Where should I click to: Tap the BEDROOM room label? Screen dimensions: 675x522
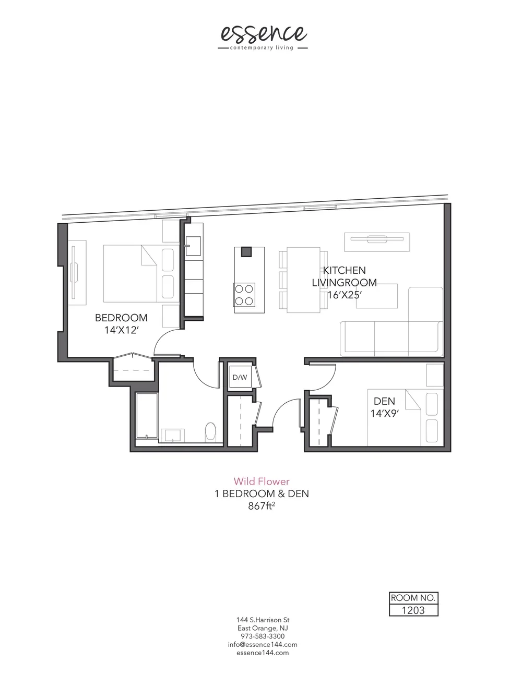(121, 318)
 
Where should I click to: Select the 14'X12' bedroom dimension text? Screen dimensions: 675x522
(121, 330)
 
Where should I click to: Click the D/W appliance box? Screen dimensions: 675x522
(240, 377)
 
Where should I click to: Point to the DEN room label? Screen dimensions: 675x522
(384, 401)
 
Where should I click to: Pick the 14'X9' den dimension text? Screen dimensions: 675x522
(384, 413)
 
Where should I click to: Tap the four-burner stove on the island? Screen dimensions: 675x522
(244, 294)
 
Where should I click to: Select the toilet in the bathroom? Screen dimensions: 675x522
(211, 431)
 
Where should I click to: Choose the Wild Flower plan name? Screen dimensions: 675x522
(261, 481)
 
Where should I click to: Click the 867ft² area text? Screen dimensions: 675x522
(262, 505)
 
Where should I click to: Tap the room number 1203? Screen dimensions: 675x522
(413, 610)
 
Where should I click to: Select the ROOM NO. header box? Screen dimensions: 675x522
(413, 598)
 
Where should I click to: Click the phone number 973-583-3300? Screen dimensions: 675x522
(263, 636)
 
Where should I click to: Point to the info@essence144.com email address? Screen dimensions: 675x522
(263, 644)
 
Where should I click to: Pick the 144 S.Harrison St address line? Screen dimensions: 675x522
(263, 620)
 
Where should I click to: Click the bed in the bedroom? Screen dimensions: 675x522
(130, 273)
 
